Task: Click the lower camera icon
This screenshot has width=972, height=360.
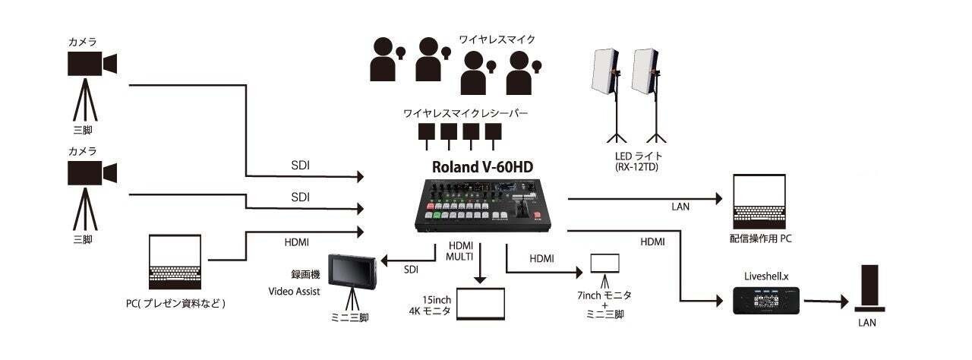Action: coord(91,174)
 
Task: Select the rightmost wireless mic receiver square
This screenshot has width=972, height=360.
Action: coord(494,134)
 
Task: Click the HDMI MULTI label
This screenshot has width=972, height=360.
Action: coord(460,251)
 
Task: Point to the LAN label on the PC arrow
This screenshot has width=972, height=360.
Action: coord(680,207)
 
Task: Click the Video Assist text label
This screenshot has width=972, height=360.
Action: coord(294,292)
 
